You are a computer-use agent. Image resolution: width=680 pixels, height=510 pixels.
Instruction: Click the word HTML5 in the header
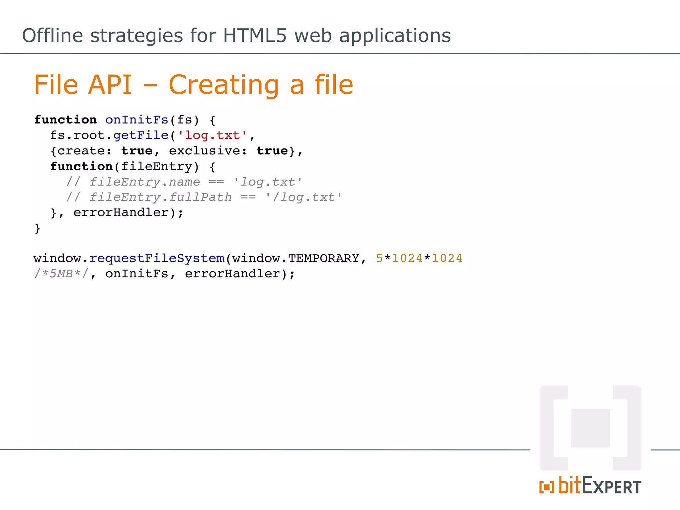(x=254, y=36)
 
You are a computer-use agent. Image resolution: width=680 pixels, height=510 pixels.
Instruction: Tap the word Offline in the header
(x=52, y=36)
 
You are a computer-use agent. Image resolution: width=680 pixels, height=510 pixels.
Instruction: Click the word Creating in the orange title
(x=224, y=85)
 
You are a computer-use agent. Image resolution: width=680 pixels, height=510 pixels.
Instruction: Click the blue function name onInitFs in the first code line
(x=137, y=120)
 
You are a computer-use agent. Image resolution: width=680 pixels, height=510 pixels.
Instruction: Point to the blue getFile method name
(x=141, y=135)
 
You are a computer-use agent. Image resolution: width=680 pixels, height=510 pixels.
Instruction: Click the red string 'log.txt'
(x=212, y=135)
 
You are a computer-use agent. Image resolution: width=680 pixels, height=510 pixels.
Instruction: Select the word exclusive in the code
(x=204, y=151)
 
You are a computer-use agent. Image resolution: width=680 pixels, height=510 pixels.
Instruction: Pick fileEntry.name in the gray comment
(x=145, y=182)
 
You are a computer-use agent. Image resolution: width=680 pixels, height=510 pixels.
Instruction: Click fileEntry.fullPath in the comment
(x=161, y=198)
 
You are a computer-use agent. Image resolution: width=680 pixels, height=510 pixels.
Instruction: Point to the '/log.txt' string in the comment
(x=303, y=198)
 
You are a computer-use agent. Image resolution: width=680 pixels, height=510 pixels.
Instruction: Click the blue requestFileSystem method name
(x=157, y=258)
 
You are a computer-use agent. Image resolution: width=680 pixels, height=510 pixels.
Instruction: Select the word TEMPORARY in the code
(x=323, y=258)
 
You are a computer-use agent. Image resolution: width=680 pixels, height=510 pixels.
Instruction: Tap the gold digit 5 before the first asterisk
(x=379, y=258)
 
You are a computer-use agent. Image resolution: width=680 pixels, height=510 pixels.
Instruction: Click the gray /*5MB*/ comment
(x=61, y=274)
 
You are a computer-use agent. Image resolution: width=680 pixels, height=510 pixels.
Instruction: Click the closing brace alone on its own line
(x=37, y=228)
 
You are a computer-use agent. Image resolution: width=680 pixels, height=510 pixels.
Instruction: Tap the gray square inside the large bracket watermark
(x=590, y=428)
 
